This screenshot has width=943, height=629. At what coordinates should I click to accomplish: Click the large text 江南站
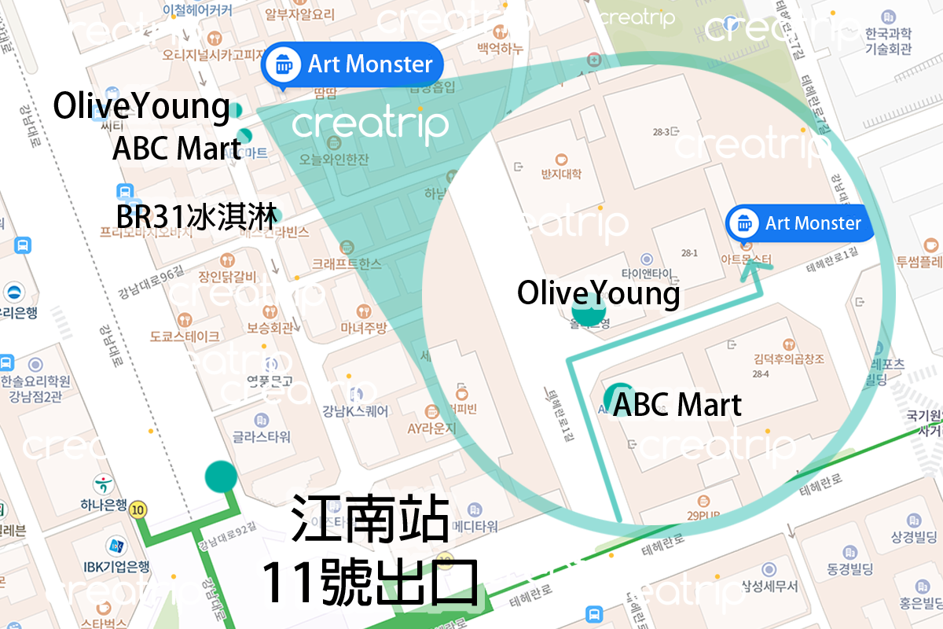370,519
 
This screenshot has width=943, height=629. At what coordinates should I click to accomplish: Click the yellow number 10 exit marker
139,509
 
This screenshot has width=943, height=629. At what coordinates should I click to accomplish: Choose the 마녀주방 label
363,328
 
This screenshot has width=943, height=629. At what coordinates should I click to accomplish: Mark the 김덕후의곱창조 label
788,359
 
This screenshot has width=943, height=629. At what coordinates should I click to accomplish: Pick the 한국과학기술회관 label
888,41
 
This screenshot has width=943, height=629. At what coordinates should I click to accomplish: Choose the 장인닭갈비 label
227,276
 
